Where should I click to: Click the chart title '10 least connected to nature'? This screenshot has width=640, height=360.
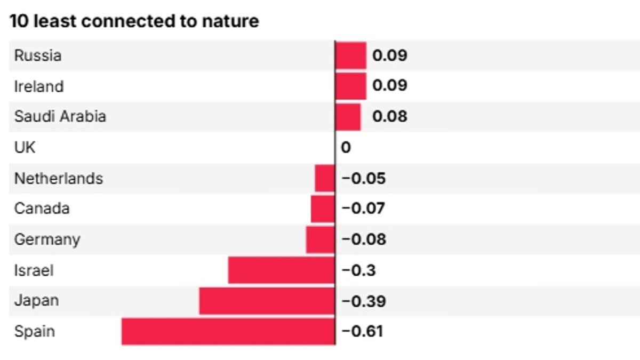click(x=134, y=21)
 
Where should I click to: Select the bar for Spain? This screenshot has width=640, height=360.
click(x=228, y=332)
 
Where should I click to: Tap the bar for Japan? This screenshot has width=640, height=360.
click(x=267, y=301)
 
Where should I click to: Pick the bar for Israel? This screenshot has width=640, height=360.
click(x=282, y=270)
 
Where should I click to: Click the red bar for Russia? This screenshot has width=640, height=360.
click(x=351, y=55)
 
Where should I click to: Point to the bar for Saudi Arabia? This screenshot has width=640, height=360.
click(x=348, y=117)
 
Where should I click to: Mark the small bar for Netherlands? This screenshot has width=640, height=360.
click(x=325, y=178)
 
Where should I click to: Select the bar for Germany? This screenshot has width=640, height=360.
click(x=321, y=239)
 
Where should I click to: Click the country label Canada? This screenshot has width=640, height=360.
click(x=42, y=209)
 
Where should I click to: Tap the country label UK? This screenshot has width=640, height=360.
click(x=25, y=147)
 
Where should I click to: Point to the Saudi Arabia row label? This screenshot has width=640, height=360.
click(x=60, y=117)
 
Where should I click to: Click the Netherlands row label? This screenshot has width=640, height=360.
click(x=59, y=178)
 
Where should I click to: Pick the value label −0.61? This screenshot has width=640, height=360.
click(x=362, y=332)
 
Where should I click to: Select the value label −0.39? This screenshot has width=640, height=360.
click(x=363, y=301)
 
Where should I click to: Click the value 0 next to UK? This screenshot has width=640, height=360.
click(x=346, y=148)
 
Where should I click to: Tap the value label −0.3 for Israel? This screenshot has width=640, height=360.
click(x=358, y=270)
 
